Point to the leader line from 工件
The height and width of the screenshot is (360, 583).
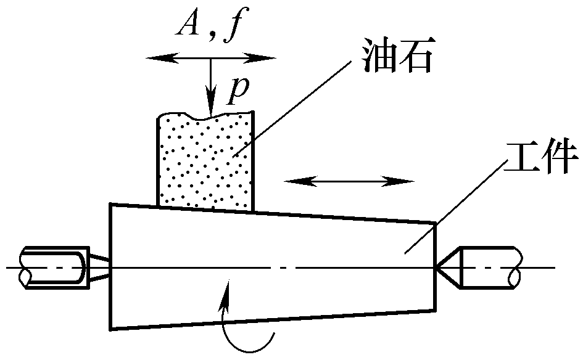[x=457, y=210]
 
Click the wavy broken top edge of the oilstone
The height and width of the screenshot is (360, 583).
[x=205, y=115]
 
